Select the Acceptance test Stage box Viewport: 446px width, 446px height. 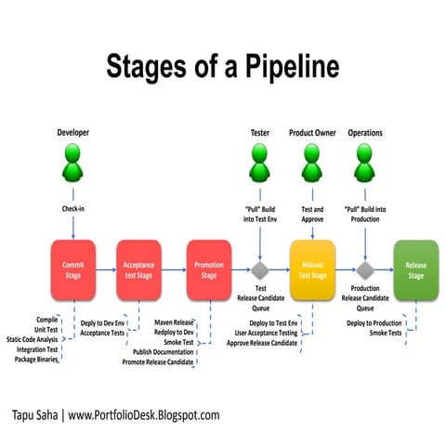coord(139,269)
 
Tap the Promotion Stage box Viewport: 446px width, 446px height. coord(209,269)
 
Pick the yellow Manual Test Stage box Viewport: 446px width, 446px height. coord(312,269)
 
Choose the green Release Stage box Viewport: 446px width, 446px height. coord(415,269)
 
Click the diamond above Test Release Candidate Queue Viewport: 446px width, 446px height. coord(260,270)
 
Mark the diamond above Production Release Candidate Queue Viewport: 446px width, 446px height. coord(365,270)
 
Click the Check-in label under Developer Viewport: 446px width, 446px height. coord(73,209)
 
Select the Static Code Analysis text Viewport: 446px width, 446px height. coord(33,339)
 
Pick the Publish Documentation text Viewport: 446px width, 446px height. coord(163,352)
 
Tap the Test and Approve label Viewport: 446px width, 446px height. coord(312,214)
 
